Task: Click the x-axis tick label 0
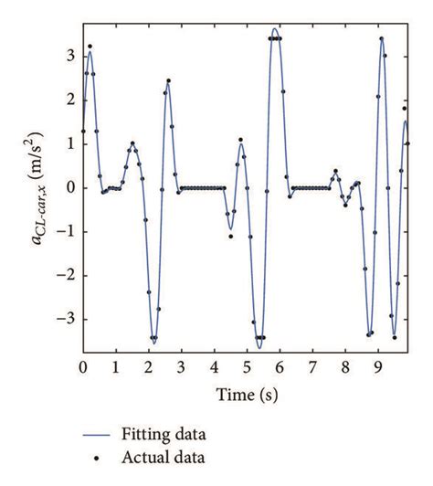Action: [83, 367]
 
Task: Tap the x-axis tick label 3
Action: [181, 367]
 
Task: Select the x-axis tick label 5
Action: [247, 367]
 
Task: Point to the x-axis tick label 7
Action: [312, 367]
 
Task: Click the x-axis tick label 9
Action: [377, 367]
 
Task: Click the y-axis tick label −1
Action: [63, 232]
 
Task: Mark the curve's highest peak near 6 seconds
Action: [276, 28]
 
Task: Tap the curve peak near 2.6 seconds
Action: [169, 83]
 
